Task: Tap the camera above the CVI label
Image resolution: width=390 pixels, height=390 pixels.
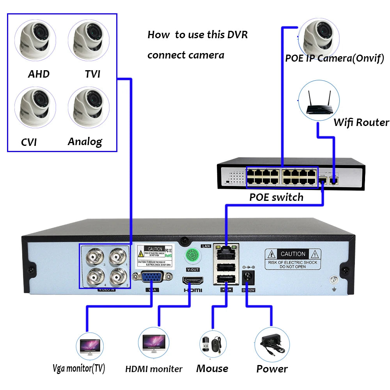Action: [35, 107]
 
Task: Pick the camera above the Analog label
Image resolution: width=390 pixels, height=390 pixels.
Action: [89, 107]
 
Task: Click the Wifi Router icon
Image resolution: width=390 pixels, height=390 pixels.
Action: [319, 101]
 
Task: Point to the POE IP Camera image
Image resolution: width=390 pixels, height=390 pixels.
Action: [319, 38]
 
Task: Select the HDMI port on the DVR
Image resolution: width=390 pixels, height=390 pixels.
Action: [193, 280]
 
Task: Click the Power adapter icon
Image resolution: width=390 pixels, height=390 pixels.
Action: [272, 344]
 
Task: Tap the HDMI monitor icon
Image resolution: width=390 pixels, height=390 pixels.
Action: [154, 344]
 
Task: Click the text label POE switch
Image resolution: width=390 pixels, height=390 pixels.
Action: [276, 197]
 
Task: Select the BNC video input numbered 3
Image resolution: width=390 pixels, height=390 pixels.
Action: [95, 257]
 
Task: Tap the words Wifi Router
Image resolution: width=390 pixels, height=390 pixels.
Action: [361, 122]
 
